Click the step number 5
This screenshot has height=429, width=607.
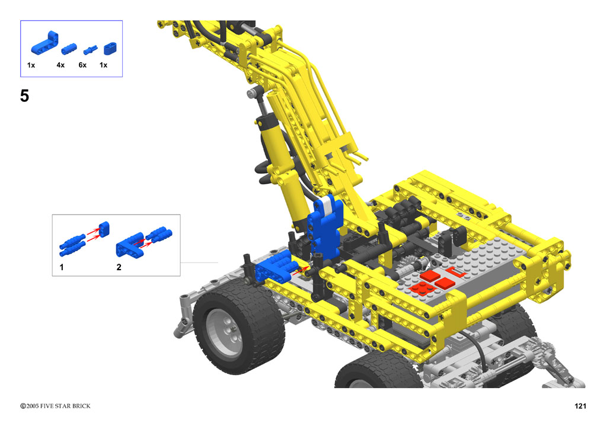(24, 95)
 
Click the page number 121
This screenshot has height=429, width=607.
(580, 406)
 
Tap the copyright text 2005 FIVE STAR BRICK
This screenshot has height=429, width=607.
(58, 406)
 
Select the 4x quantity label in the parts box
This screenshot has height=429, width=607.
(60, 65)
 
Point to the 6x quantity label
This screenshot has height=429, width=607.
(82, 65)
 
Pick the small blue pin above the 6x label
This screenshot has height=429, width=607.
(90, 50)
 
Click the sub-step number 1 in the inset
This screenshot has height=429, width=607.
(62, 267)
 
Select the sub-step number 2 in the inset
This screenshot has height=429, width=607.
(119, 267)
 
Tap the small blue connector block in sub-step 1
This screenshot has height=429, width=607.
(104, 229)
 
